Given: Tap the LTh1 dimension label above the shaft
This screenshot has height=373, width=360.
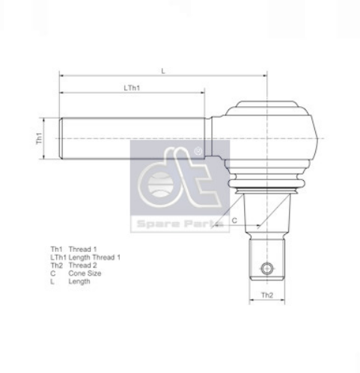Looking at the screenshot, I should click(132, 87).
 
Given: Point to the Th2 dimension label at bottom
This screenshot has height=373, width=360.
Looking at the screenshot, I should click(266, 296).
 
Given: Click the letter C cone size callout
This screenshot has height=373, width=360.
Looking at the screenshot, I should click(234, 221).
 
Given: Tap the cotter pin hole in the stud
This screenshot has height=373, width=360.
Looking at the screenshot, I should click(266, 268).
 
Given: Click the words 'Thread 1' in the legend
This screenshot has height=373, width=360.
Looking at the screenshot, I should click(83, 249).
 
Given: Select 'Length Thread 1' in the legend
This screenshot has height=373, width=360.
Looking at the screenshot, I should click(95, 257).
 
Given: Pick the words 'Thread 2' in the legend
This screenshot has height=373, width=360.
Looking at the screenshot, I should click(83, 265).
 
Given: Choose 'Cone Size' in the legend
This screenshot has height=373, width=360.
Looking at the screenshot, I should click(85, 274).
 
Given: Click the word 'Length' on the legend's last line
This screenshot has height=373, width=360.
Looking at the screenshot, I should click(80, 282).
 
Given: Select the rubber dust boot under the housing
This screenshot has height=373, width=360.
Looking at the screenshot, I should click(266, 182).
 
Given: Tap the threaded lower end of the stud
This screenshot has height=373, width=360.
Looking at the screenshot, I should click(266, 258).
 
